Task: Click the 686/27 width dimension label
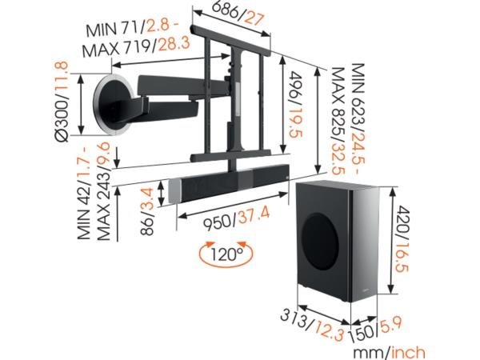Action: [x=238, y=13]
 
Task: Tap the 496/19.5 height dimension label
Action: [x=295, y=104]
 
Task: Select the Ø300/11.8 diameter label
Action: [x=62, y=102]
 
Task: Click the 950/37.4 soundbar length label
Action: [x=237, y=218]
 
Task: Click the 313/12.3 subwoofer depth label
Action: [x=312, y=326]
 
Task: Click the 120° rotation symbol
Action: [x=226, y=254]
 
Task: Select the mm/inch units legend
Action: [x=389, y=352]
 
